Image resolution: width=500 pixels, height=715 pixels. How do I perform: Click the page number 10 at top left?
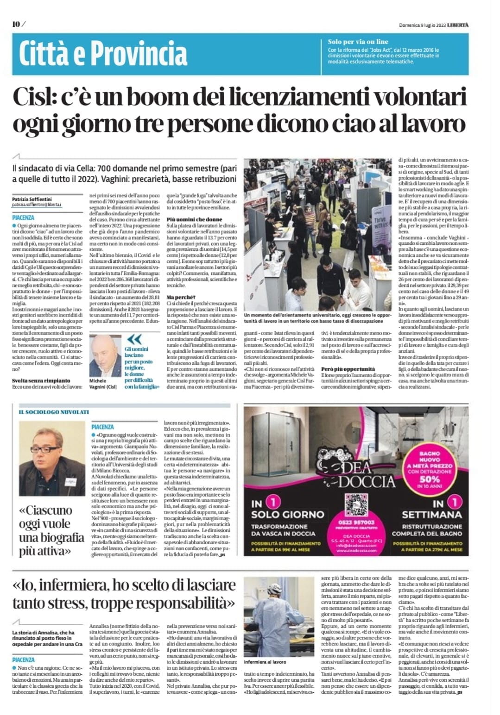16,25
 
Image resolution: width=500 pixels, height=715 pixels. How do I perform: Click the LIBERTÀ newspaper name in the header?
458,25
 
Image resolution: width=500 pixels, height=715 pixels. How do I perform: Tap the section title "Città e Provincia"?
103,54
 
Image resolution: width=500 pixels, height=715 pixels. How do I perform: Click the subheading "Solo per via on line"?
358,42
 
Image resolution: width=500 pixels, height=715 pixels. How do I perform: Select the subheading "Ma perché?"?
181,297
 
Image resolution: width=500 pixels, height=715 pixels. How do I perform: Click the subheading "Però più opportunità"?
348,369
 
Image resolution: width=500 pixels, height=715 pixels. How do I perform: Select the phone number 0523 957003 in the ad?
356,522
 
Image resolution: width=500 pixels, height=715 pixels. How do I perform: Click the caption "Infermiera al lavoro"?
265,662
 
